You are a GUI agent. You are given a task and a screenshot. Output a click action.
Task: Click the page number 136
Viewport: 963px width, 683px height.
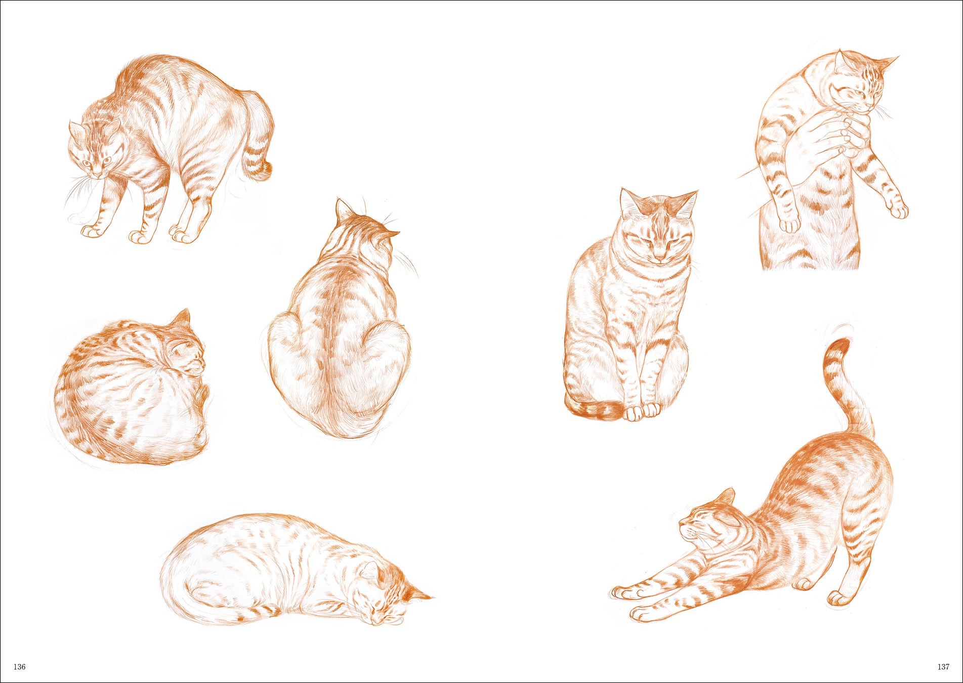click(19, 667)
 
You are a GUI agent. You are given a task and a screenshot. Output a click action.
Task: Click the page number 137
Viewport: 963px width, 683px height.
click(943, 667)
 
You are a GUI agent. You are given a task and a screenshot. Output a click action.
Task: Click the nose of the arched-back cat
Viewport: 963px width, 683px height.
click(98, 174)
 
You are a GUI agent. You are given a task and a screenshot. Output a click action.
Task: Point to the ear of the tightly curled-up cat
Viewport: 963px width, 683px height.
click(182, 317)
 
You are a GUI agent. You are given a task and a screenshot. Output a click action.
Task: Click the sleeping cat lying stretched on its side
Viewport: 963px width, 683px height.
click(296, 569)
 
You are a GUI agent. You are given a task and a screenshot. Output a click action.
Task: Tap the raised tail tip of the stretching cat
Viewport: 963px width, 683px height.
click(838, 349)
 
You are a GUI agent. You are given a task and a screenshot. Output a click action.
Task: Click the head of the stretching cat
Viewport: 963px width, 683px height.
click(708, 521)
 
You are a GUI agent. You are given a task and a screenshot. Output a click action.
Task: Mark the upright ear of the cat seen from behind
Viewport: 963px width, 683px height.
click(343, 209)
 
